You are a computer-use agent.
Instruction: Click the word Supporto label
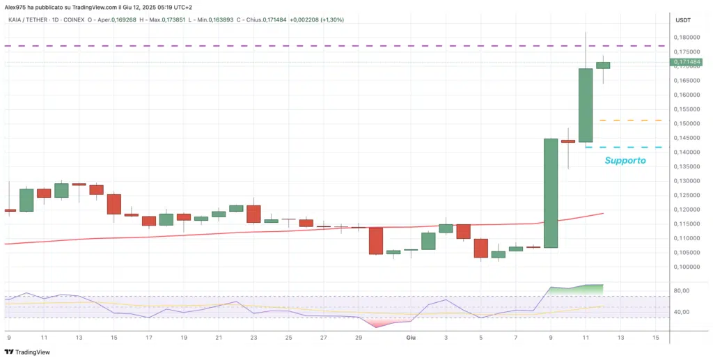pos(625,161)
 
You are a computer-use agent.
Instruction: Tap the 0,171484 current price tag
pos(687,62)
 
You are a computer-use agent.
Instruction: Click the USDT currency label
pos(683,20)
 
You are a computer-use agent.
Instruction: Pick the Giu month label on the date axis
pos(411,337)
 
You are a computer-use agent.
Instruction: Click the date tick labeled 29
pos(359,337)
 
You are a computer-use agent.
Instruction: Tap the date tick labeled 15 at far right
pos(655,337)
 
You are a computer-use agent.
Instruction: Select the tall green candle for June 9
pos(551,193)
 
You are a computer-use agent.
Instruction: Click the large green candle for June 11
pos(586,105)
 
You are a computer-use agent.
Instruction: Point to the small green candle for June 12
pos(603,65)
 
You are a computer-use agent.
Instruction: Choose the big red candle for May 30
pos(376,240)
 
